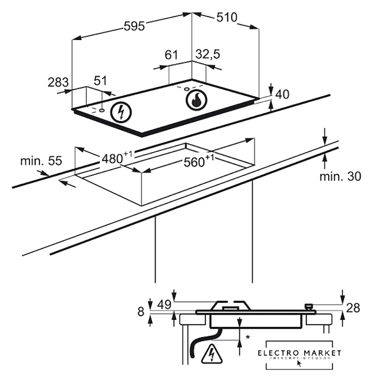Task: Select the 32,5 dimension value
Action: (x=207, y=55)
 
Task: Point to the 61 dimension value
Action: (x=171, y=55)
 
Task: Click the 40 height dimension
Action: (x=282, y=94)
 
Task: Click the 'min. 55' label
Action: (x=32, y=161)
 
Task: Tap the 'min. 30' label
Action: (x=339, y=176)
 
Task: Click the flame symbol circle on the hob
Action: (x=197, y=100)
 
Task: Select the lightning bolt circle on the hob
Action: (x=121, y=112)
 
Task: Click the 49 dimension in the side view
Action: (x=165, y=304)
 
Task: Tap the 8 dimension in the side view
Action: (x=141, y=312)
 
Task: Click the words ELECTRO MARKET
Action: (x=299, y=352)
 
